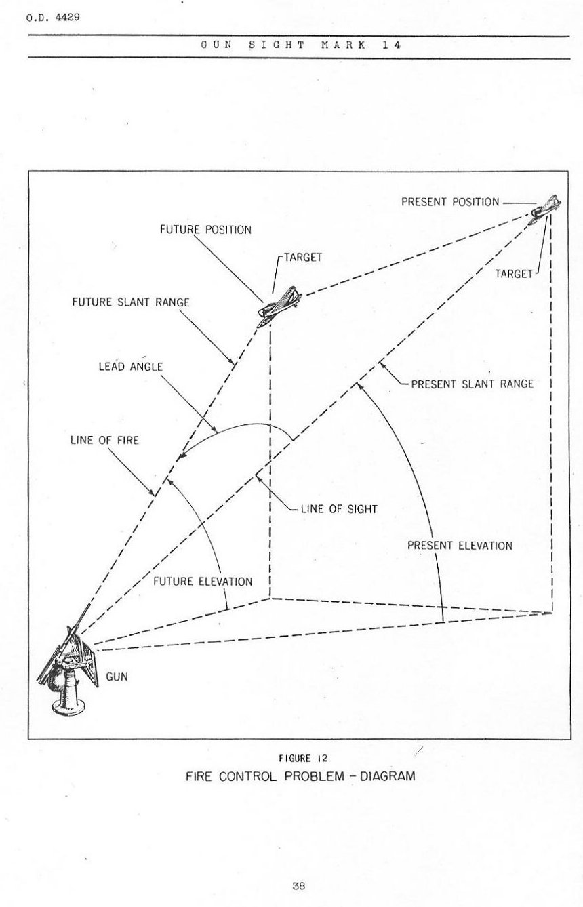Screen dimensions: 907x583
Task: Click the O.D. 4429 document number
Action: coord(54,17)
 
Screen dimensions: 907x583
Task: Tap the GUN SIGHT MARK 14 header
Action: coord(301,45)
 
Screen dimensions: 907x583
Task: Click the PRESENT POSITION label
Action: coord(450,202)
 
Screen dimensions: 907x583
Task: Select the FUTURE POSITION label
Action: coord(205,230)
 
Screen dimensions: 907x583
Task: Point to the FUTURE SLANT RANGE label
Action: coord(131,302)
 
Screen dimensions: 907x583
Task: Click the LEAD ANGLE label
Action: coord(131,367)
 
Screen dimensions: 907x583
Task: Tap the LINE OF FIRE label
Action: coord(104,441)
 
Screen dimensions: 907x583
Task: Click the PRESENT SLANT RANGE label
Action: coord(472,384)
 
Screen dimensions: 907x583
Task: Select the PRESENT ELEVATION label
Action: coord(460,546)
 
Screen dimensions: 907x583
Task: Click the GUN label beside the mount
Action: coord(117,677)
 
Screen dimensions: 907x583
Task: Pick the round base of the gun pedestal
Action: coord(69,706)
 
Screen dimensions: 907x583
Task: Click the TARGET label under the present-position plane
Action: coord(513,274)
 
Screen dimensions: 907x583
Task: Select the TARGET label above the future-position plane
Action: coord(302,258)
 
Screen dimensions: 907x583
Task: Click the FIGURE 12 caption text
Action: coord(300,758)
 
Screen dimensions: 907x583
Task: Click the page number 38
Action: coord(299,885)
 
